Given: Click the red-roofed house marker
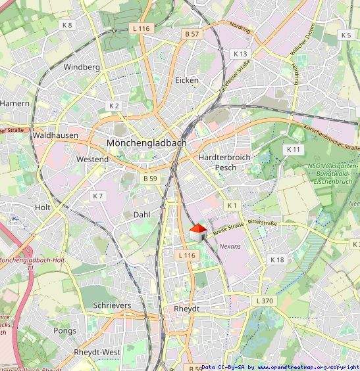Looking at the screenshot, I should [198, 232].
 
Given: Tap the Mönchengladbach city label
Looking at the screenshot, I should [146, 142].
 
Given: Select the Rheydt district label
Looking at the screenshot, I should [186, 309].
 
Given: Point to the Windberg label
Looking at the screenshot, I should [82, 67].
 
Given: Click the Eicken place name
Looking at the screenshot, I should [187, 80].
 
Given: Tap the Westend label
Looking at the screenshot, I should [92, 160].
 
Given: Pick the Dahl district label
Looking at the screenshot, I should [142, 215].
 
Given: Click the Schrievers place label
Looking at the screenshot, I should [112, 306].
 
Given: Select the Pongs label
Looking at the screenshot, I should [65, 331].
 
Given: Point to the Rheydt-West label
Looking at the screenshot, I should [97, 352].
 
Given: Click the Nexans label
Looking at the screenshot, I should [230, 246].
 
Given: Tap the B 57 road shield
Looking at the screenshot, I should [192, 33].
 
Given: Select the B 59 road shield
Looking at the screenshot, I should [150, 178].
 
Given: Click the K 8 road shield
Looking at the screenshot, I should [67, 25].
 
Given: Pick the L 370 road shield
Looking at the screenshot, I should [262, 300].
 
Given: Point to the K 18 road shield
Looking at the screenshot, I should [277, 260].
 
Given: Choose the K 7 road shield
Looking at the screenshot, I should [98, 196].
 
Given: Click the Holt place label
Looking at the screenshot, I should [42, 207].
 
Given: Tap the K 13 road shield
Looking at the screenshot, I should [240, 53].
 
